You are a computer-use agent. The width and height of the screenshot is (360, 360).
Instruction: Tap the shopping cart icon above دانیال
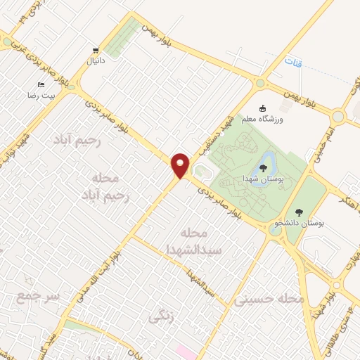pyautogui.click(x=95, y=50)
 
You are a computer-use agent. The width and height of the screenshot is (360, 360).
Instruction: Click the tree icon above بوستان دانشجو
pyautogui.click(x=299, y=212)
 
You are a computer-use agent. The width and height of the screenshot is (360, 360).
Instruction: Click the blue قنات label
pyautogui.click(x=293, y=63)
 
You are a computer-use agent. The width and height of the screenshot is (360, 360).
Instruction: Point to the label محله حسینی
pyautogui.click(x=271, y=300)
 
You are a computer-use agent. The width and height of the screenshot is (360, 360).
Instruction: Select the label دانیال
pyautogui.click(x=95, y=60)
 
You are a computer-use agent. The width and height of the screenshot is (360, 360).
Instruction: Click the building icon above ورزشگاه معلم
pyautogui.click(x=263, y=109)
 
